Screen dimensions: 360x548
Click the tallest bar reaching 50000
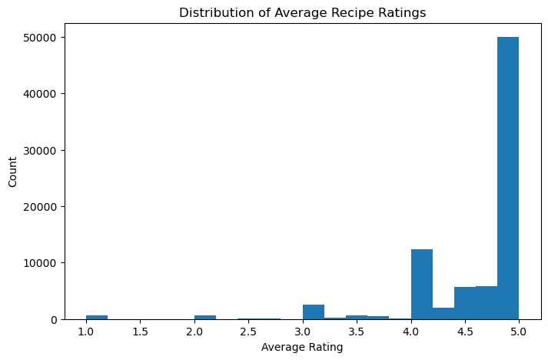coord(507,177)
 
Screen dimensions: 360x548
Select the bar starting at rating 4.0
coord(421,285)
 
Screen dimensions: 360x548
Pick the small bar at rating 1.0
coord(97,316)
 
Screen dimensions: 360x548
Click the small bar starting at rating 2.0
coord(205,316)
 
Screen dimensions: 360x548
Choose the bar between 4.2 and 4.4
coord(443,313)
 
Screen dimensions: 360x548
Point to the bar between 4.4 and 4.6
coord(464,303)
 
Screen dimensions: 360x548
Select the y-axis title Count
coord(13,171)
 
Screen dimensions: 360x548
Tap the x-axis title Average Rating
coord(302,348)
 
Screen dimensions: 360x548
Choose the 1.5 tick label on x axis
coord(140,332)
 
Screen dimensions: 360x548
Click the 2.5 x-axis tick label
coord(248,332)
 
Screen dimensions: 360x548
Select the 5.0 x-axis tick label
coord(518,332)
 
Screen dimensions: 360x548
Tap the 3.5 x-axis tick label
coord(356,332)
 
